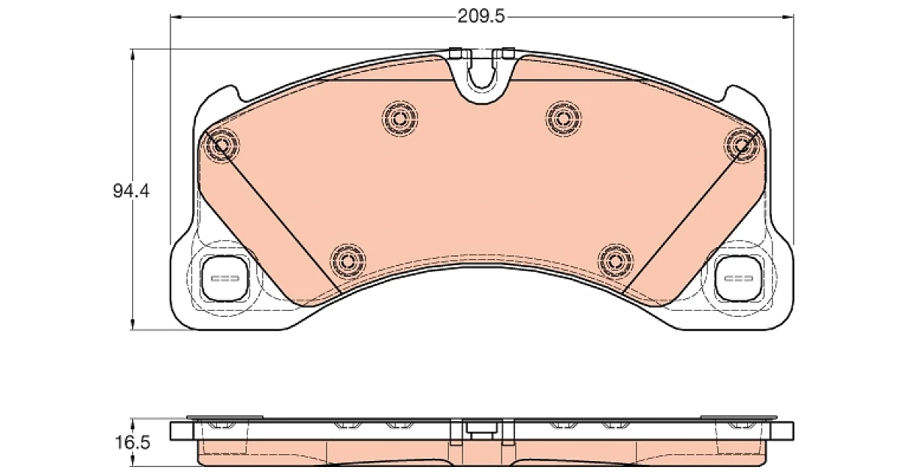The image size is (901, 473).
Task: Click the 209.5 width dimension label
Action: pos(481,17)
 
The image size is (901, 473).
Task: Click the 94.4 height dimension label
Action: pos(131,191)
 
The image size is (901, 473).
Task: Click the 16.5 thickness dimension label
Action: pos(133,443)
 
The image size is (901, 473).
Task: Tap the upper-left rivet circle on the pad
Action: pos(399,119)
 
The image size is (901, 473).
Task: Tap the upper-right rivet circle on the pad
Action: pos(564,119)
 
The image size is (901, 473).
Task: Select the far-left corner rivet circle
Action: pos(221,145)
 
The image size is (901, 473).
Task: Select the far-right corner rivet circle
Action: pos(742,145)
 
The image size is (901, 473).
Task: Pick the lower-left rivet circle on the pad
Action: pos(348,261)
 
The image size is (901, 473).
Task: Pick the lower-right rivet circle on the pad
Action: pos(616,261)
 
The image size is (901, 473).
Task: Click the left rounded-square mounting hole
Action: pos(224,279)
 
